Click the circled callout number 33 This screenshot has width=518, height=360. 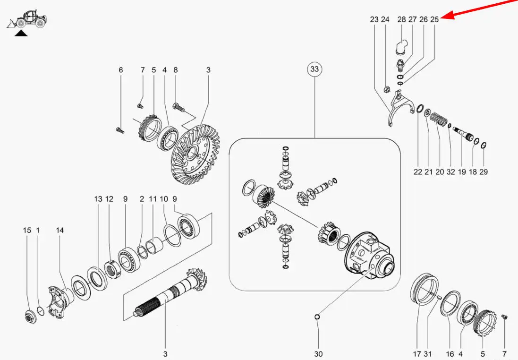(314, 69)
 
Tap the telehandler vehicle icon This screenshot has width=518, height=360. (27, 19)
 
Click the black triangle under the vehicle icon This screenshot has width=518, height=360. (21, 33)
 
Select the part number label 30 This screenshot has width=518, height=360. (318, 354)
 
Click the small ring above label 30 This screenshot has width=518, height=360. (317, 317)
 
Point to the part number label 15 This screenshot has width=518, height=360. (27, 230)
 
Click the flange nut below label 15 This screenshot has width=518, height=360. (30, 317)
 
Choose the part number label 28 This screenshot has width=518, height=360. (401, 19)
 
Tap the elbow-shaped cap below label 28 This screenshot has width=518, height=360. (402, 46)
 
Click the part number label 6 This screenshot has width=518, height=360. (120, 70)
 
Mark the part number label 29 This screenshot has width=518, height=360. (484, 171)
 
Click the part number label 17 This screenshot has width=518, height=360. (417, 354)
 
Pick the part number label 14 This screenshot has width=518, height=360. (59, 230)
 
